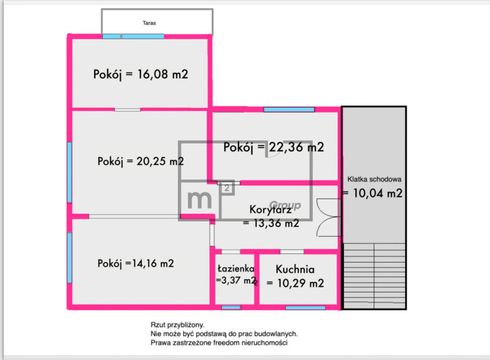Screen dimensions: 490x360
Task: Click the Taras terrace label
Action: (149, 23)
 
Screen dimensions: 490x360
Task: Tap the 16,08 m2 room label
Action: (140, 74)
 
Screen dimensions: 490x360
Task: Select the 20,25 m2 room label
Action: (140, 161)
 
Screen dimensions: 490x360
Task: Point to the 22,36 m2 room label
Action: (274, 147)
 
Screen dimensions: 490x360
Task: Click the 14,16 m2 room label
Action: (136, 264)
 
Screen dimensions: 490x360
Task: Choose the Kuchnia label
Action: (295, 269)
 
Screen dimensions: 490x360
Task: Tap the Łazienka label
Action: (236, 269)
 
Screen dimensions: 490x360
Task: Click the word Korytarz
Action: (270, 209)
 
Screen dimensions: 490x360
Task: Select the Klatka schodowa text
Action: (374, 179)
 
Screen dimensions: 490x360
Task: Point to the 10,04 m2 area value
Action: (378, 193)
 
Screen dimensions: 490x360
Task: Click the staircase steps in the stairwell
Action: (374, 276)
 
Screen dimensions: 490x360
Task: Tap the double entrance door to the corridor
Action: (329, 218)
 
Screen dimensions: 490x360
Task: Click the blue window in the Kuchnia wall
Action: (305, 308)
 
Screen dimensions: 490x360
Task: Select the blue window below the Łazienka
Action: (231, 308)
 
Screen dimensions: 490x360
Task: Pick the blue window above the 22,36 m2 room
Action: (289, 109)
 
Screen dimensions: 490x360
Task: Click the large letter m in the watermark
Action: (199, 199)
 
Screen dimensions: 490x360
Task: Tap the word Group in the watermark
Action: (285, 205)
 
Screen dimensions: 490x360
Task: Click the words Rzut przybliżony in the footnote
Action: (177, 325)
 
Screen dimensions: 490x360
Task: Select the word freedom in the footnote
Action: (224, 342)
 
